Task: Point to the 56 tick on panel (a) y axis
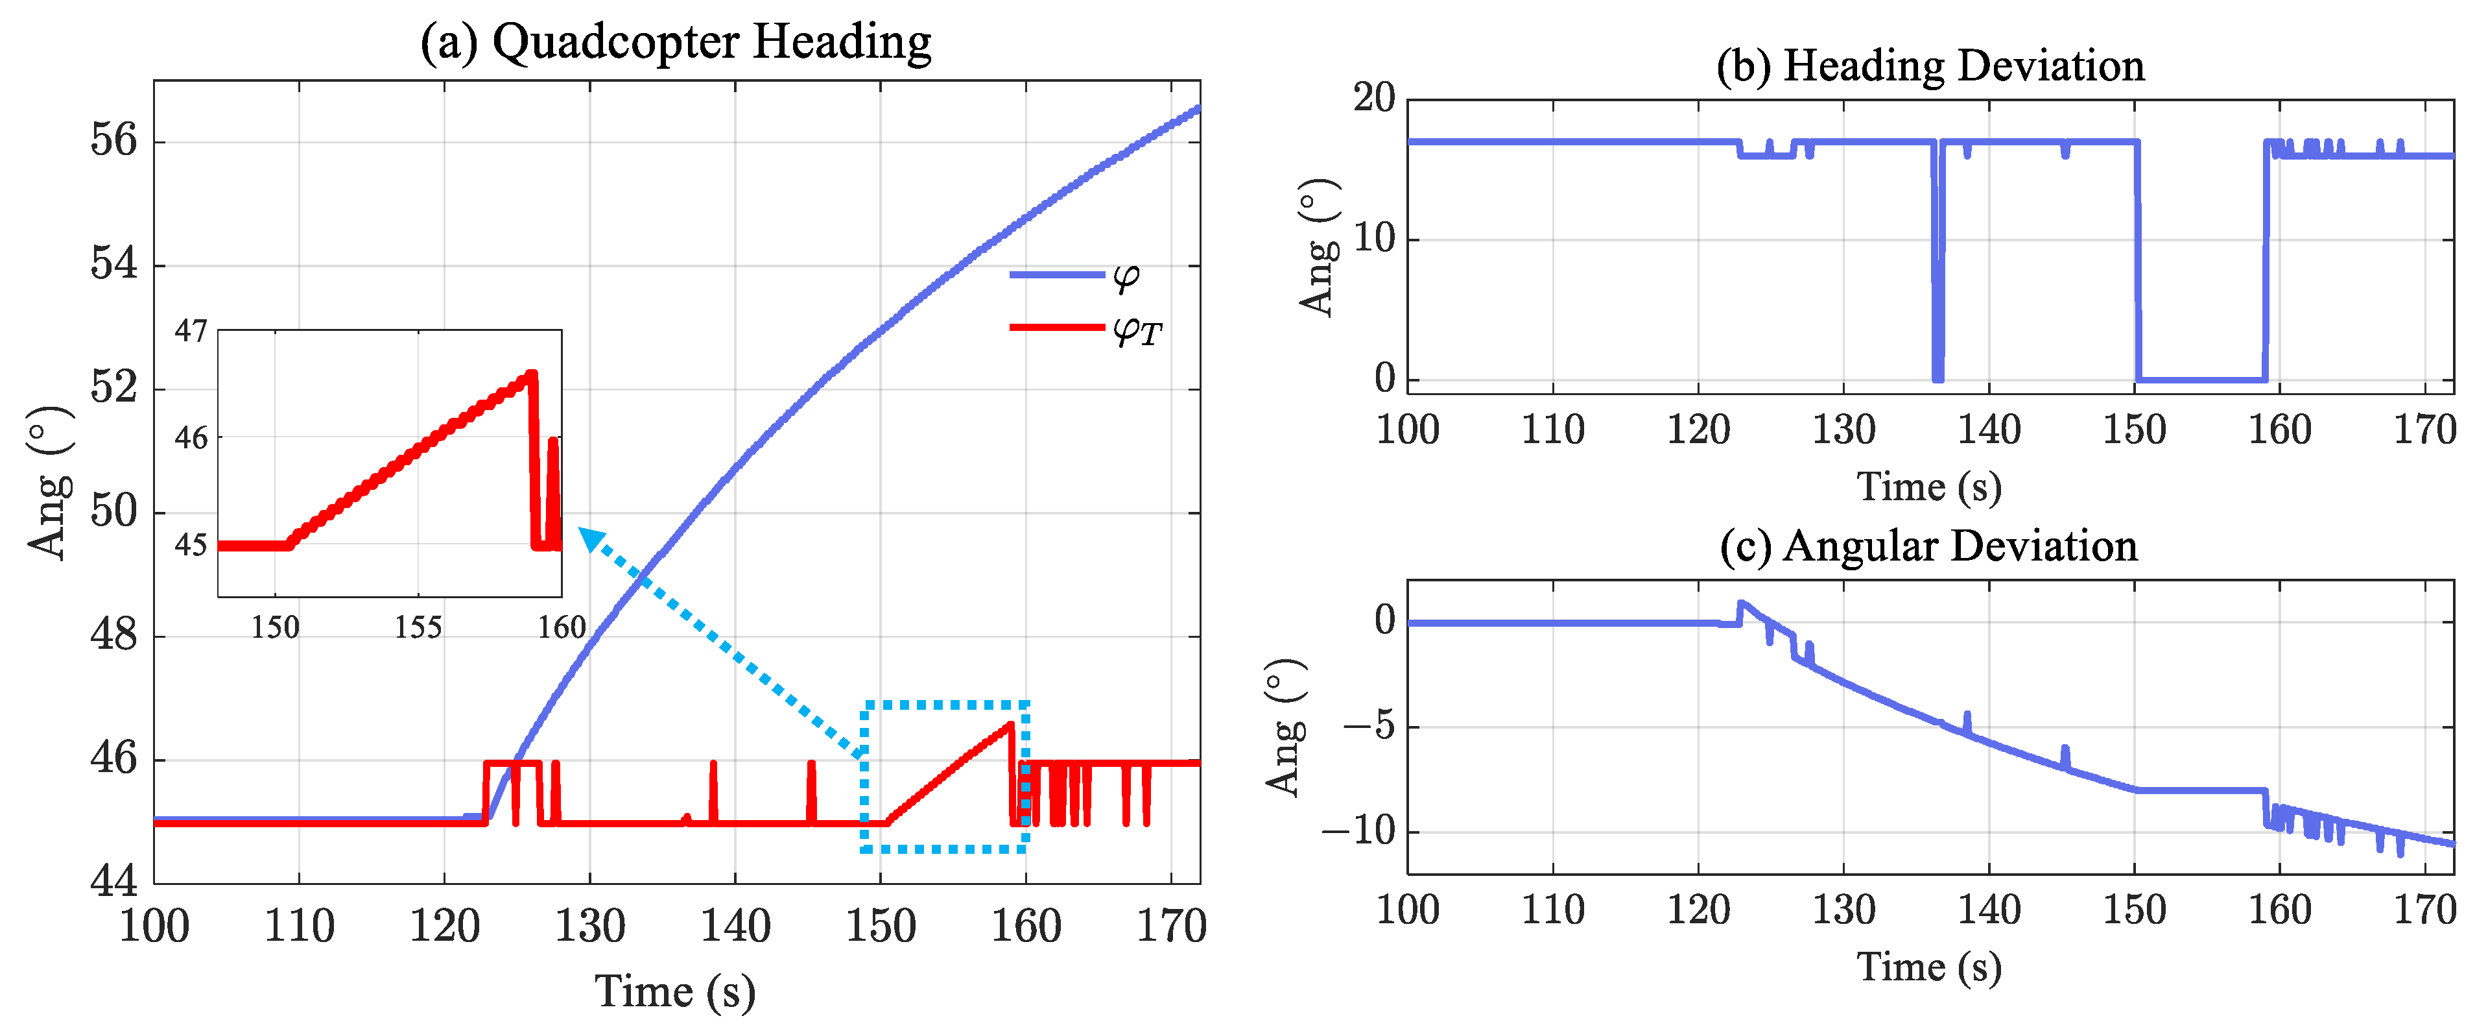pyautogui.click(x=114, y=141)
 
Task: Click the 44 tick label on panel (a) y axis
pyautogui.click(x=114, y=881)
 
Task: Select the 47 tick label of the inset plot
pyautogui.click(x=191, y=332)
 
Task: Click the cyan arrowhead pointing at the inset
pyautogui.click(x=590, y=537)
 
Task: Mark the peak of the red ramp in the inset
pyautogui.click(x=530, y=374)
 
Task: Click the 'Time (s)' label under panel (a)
pyautogui.click(x=674, y=992)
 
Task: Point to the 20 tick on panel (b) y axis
pyautogui.click(x=1373, y=99)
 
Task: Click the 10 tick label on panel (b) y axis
pyautogui.click(x=1373, y=239)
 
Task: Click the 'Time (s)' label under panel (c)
pyautogui.click(x=1929, y=967)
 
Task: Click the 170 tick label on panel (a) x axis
pyautogui.click(x=1170, y=926)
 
